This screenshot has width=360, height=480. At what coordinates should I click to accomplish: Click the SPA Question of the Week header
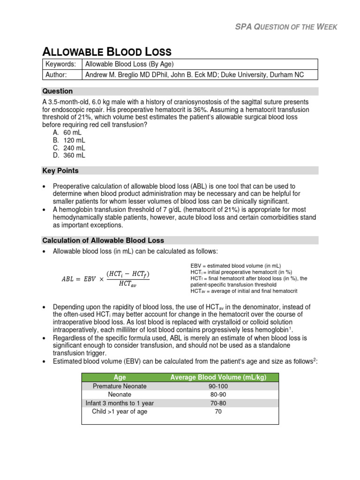[285, 27]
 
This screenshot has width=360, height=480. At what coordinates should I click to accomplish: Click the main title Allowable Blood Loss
[107, 52]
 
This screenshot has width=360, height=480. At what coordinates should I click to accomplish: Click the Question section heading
[58, 91]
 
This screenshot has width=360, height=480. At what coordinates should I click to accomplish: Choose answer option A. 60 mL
[68, 133]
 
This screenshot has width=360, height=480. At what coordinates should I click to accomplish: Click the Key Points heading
[60, 171]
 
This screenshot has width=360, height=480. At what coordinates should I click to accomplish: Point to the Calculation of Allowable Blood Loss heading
[103, 240]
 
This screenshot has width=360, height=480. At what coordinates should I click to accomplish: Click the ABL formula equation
[106, 278]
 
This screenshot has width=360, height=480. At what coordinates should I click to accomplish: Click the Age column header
[120, 377]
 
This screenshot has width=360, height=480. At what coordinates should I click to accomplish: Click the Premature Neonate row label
[120, 386]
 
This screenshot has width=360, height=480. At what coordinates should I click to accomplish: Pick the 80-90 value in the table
[216, 395]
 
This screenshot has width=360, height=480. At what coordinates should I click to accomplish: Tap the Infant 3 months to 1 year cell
[120, 403]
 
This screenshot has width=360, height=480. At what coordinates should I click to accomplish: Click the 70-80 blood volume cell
[216, 403]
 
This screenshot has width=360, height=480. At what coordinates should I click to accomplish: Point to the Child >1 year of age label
[120, 412]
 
